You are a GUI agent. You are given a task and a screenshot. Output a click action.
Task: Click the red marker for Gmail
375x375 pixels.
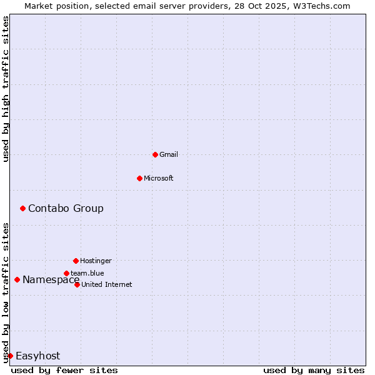point(155,154)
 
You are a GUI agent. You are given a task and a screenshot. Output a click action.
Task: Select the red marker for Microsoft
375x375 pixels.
point(139,178)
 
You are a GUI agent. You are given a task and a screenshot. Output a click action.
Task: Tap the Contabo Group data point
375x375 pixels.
point(22,208)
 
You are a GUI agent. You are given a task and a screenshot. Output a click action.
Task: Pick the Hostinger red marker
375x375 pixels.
point(76,261)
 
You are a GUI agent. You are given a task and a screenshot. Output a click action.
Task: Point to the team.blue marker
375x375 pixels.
point(66,273)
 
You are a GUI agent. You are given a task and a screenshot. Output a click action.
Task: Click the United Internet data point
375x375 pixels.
point(77,284)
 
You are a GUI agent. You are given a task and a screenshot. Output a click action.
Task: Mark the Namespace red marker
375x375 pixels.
point(17,279)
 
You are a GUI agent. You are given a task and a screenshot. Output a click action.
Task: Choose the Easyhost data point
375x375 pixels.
point(10,356)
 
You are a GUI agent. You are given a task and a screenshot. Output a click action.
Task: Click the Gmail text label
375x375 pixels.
point(169,154)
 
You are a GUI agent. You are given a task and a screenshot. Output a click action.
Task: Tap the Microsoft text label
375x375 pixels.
point(159,178)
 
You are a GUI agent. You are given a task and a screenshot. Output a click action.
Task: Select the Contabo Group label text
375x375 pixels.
point(66,208)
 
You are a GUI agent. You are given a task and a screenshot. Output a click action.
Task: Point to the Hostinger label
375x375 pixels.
point(96,261)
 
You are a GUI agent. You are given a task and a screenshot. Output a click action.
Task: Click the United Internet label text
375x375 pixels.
point(107,284)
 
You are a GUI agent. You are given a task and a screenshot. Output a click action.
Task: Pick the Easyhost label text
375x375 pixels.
point(37,356)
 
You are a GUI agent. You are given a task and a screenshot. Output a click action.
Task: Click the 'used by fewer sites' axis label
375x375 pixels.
point(64,370)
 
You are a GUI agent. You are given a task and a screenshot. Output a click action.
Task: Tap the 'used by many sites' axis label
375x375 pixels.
point(314,370)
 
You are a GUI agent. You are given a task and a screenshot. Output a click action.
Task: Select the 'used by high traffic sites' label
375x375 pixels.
point(6,89)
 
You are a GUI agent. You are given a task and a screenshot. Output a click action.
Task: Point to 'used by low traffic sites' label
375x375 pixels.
point(6,292)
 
